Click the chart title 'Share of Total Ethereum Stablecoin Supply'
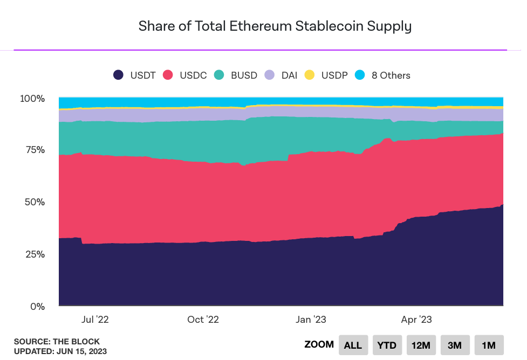click(x=275, y=26)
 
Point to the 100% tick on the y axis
click(x=33, y=99)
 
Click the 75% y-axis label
click(x=35, y=149)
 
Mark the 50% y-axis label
click(x=35, y=202)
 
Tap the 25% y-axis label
click(x=35, y=254)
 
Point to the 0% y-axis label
click(x=38, y=306)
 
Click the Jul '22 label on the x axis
click(x=95, y=320)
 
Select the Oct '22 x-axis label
click(x=203, y=320)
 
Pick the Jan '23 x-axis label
click(x=311, y=320)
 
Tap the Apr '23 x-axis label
click(x=416, y=320)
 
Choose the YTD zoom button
click(x=387, y=345)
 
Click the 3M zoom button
click(x=455, y=345)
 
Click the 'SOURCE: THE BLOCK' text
click(x=57, y=342)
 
